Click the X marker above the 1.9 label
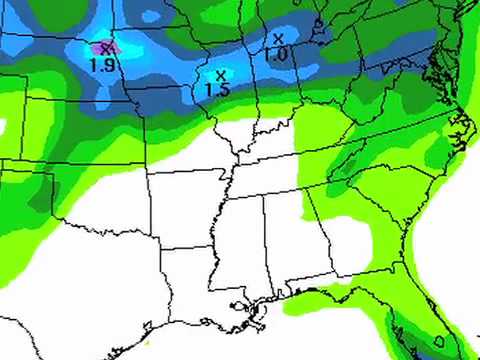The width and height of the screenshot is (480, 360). [x=107, y=46]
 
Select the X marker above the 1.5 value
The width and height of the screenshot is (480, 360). [x=219, y=74]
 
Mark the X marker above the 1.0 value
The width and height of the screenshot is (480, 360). [x=277, y=38]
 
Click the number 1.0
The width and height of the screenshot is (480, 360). [x=276, y=54]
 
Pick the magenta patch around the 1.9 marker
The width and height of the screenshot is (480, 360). [x=100, y=46]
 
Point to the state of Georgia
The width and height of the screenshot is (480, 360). [x=336, y=229]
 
